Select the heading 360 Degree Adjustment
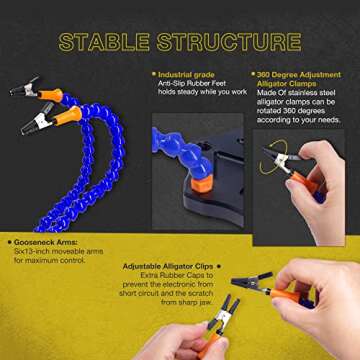coord(293,74)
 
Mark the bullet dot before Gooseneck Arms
coord(9,243)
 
